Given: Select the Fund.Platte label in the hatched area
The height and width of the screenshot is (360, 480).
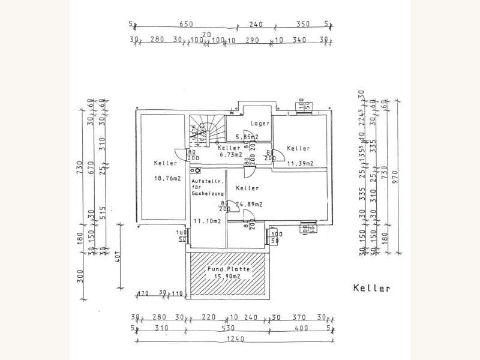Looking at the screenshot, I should tap(228, 270).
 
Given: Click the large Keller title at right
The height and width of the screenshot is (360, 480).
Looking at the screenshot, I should tap(371, 288).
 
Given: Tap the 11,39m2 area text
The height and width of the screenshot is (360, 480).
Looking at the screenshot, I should tap(298, 163).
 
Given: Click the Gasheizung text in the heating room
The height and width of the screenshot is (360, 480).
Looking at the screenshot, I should tap(208, 194).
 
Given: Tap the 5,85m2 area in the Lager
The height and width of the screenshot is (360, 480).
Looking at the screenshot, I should tap(245, 136).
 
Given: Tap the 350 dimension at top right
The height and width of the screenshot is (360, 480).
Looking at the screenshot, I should tap(304, 25).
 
